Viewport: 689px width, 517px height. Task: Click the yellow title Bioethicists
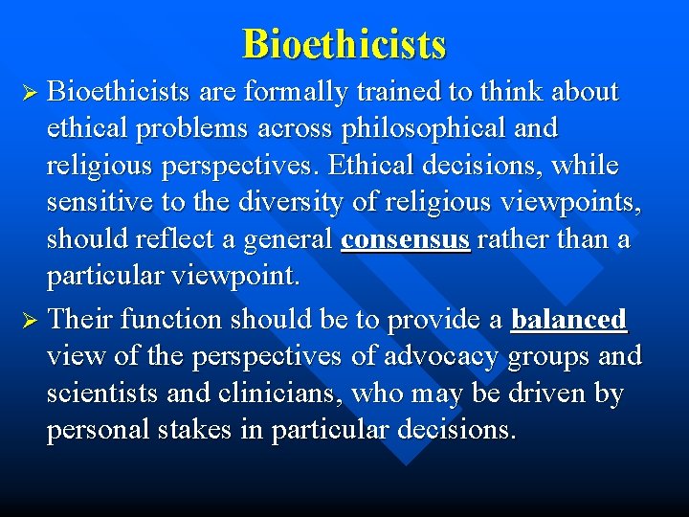pos(344,44)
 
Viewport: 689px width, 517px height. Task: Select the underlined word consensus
pos(405,239)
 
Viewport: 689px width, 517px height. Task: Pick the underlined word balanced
pos(568,319)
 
